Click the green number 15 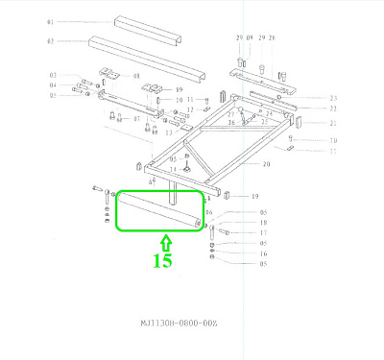point(162,260)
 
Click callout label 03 point(54,75)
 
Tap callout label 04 point(54,85)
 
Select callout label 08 point(136,76)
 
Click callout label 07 point(137,119)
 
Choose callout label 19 point(255,196)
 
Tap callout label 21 point(333,123)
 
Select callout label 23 point(333,99)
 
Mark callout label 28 point(272,37)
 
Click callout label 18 point(262,222)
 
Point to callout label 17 point(262,232)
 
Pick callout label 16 point(262,253)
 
